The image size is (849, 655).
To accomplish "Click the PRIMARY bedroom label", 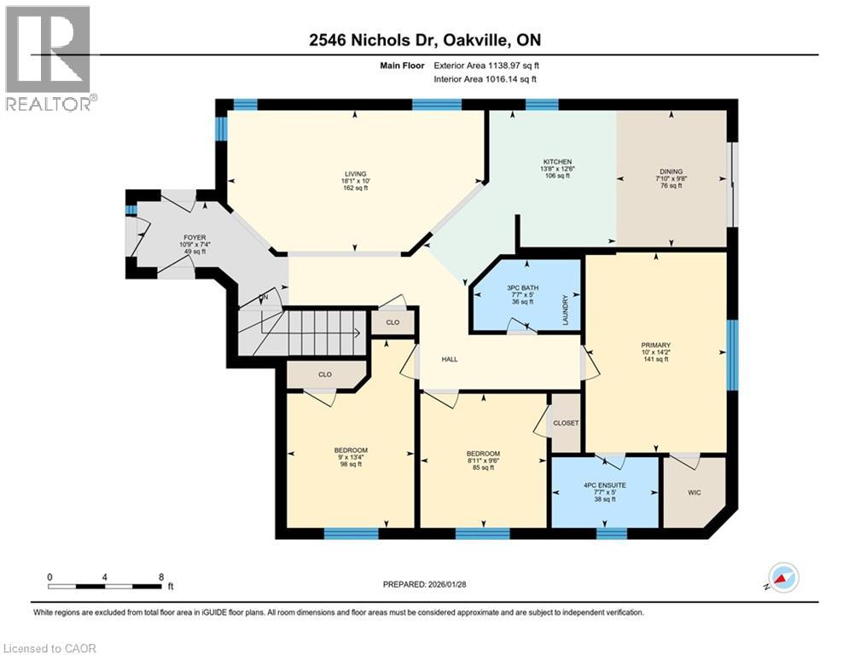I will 656,345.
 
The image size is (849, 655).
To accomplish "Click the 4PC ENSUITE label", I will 603,486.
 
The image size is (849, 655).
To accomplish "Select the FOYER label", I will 193,238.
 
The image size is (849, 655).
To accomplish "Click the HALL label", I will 450,359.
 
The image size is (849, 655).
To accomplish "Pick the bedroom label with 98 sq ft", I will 351,450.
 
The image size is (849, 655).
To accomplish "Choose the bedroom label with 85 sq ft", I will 483,454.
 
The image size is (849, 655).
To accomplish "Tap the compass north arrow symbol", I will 783,577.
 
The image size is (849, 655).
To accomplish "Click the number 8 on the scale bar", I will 161,577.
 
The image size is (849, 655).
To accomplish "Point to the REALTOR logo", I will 49,57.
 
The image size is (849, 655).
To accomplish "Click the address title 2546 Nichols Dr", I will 424,39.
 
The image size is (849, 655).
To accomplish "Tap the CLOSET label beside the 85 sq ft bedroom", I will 566,423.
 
